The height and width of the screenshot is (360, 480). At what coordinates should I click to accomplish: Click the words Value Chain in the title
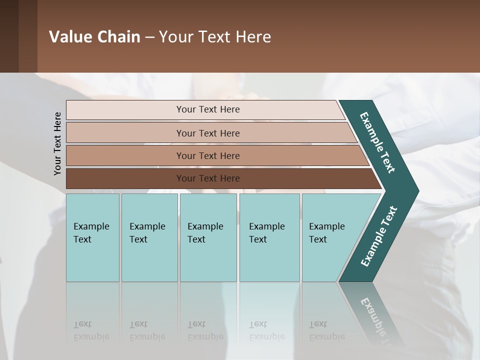tap(94, 37)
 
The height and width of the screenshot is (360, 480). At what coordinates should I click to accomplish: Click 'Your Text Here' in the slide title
tap(215, 37)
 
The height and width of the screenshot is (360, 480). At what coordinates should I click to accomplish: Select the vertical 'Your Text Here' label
tap(57, 143)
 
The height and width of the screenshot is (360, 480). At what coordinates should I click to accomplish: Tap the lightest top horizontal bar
tap(207, 109)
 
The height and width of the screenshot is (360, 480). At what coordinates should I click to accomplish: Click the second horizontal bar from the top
tap(207, 133)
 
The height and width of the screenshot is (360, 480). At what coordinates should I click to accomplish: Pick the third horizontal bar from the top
tap(207, 155)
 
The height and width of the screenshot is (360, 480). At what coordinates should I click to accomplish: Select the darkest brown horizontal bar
tap(207, 178)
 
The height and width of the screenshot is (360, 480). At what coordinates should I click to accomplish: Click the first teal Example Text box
tap(92, 237)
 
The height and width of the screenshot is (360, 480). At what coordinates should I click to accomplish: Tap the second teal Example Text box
tap(149, 237)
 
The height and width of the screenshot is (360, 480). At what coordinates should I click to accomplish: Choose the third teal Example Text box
tap(208, 237)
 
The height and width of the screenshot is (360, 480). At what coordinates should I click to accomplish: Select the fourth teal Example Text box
tap(269, 237)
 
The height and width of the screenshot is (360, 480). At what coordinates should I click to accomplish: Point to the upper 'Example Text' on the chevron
tap(377, 142)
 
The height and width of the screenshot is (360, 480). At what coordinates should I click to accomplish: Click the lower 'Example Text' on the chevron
tap(379, 236)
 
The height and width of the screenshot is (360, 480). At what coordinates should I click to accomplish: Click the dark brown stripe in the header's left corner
tap(9, 36)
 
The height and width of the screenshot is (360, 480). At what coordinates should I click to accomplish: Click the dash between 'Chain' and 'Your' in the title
tap(149, 37)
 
